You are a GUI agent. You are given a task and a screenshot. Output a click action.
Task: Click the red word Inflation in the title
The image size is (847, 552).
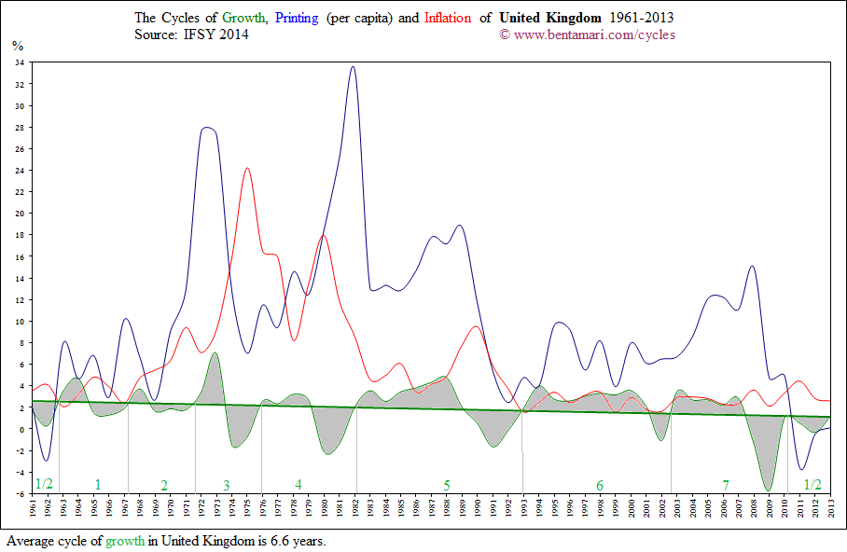[x=448, y=18]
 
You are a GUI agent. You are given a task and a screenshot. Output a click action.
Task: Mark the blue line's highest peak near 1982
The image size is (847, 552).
[x=353, y=67]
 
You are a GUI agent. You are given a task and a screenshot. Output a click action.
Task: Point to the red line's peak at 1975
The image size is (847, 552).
[x=246, y=169]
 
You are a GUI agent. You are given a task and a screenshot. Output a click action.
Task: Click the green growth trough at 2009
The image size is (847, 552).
[x=770, y=490]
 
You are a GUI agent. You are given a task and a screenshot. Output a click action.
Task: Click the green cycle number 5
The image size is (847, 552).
[x=447, y=485]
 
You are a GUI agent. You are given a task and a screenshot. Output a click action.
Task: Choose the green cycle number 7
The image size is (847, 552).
[x=725, y=485]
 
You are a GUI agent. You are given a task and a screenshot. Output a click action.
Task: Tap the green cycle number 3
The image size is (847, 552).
[x=226, y=485]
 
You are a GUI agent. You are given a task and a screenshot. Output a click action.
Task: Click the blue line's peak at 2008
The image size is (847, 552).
[x=752, y=267]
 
